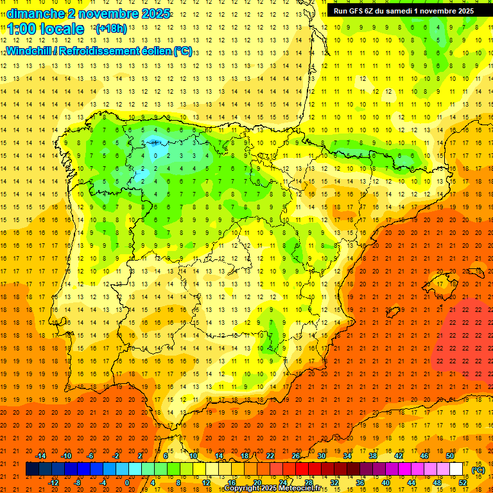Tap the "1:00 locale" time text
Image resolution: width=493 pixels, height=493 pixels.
pos(46,29)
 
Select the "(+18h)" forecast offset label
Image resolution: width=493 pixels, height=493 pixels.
pos(111,28)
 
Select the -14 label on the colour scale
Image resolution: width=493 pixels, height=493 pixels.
pos(42,456)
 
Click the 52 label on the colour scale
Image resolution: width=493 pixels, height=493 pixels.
pos(462,483)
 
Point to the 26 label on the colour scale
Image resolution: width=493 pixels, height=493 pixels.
pos(296,456)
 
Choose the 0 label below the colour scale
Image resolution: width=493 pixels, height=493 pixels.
pos(127,483)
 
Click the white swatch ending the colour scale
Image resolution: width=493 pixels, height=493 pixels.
pos(456,469)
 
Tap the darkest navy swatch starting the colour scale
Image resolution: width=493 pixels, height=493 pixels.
pos(32,469)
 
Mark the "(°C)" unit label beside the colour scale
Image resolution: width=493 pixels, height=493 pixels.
pos(477,470)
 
